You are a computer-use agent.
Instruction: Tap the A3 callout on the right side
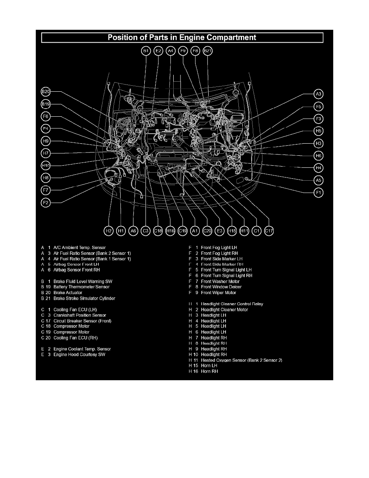point(318,94)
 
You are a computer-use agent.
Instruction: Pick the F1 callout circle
point(318,193)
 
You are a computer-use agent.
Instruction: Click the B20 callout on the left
point(46,91)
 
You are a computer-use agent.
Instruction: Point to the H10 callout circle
point(46,165)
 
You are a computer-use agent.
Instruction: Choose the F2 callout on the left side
point(46,202)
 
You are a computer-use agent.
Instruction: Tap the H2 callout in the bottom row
point(108,231)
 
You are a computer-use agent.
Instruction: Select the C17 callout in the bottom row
point(269,231)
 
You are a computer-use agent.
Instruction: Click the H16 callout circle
point(170,231)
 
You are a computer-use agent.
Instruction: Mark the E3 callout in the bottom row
point(219,231)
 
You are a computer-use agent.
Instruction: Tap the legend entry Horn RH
point(209,371)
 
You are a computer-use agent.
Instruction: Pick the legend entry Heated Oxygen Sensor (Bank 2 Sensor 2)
point(242,360)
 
